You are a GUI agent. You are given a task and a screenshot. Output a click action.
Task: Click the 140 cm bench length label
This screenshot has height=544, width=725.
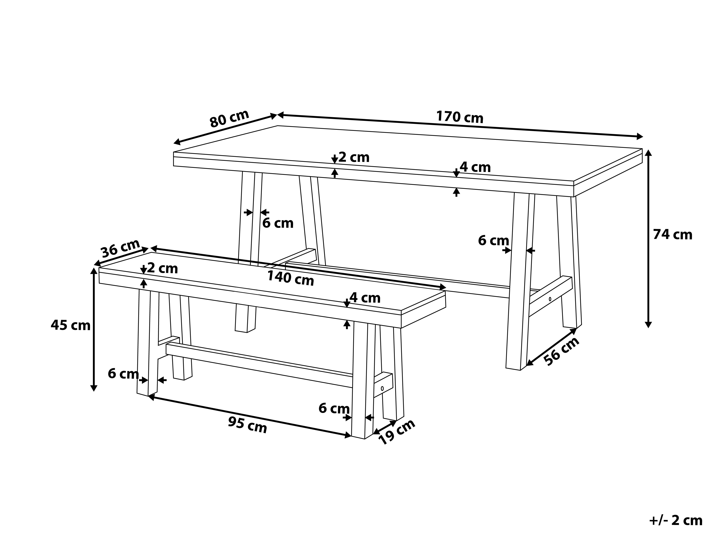pos(290,278)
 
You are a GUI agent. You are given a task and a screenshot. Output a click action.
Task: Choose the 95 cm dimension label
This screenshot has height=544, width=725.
pos(248,425)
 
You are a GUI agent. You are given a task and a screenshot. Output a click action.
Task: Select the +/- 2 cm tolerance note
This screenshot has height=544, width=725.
pos(676,520)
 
